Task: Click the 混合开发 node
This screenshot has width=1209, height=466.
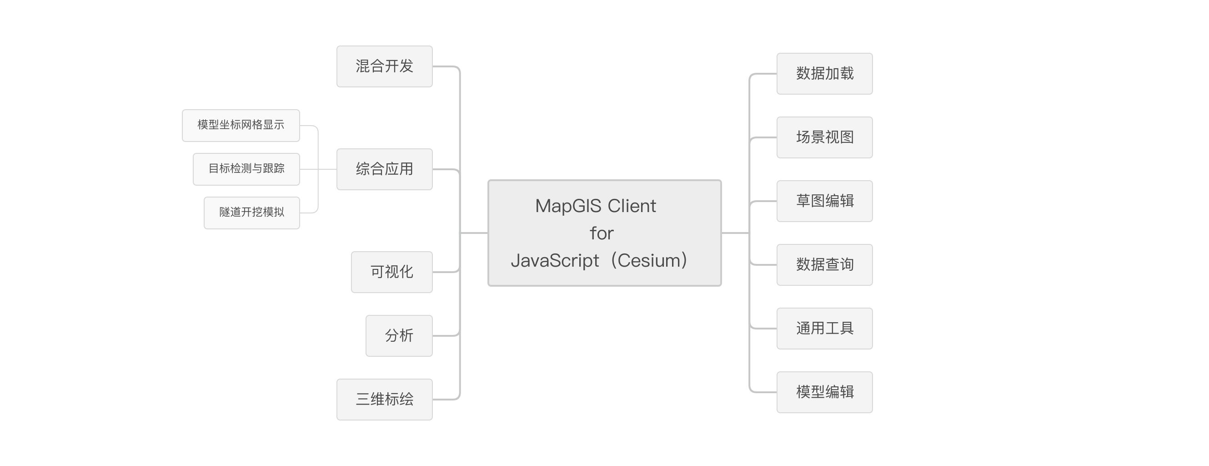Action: (384, 66)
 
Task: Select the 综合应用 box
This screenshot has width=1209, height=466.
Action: (384, 169)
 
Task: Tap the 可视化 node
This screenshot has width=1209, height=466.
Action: (392, 272)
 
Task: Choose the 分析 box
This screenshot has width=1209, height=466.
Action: (399, 336)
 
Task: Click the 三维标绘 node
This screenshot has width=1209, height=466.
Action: (384, 399)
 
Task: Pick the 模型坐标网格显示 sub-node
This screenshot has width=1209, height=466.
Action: (241, 126)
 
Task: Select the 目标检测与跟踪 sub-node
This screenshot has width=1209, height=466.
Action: (246, 169)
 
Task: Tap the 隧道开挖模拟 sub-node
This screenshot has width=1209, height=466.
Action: (251, 213)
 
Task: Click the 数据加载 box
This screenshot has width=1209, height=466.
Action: (825, 74)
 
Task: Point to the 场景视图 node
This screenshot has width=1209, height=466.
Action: (825, 137)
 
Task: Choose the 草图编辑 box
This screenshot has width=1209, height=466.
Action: (825, 201)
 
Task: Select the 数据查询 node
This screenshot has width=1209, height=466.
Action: (825, 265)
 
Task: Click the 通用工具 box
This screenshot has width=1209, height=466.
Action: (825, 329)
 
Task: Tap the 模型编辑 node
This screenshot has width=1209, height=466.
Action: (825, 392)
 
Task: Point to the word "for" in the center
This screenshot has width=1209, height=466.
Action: (602, 233)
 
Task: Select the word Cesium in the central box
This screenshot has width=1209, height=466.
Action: (649, 260)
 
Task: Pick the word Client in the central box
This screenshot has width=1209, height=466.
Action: (632, 206)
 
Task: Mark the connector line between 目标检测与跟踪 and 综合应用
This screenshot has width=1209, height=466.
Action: (318, 169)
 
